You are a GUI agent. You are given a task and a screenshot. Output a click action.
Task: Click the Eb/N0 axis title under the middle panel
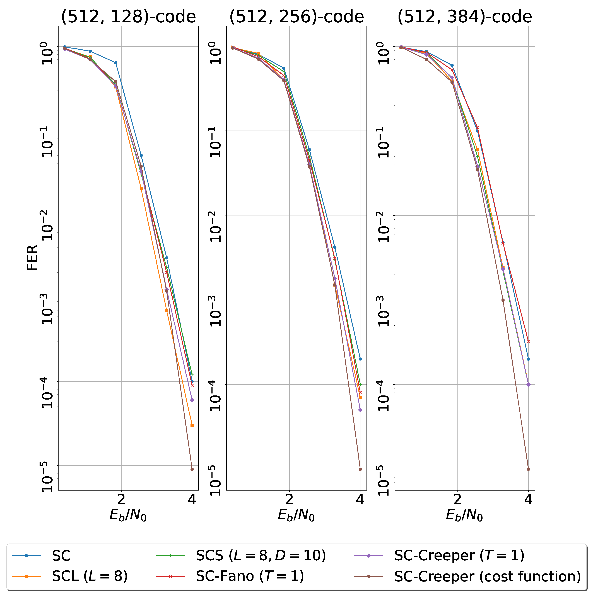[296, 515]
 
